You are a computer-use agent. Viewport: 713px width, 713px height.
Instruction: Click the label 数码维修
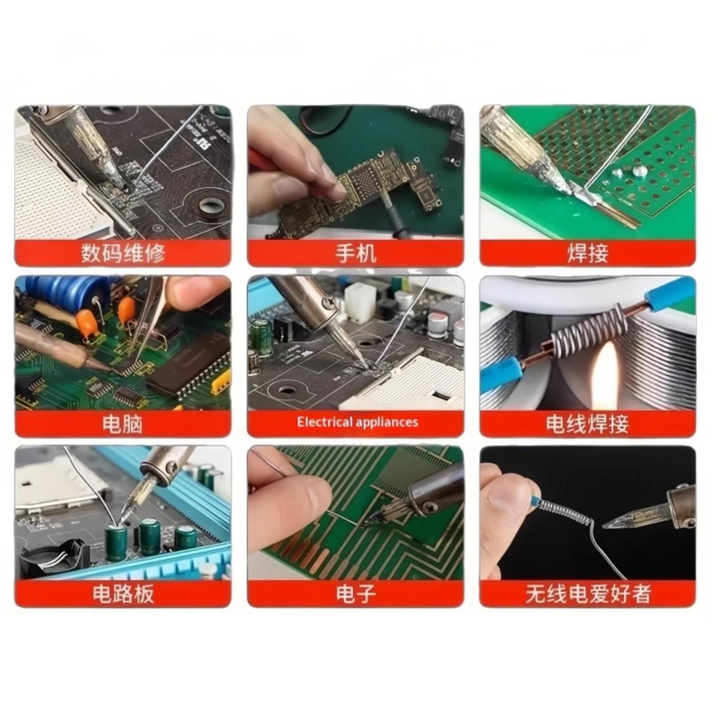tap(123, 253)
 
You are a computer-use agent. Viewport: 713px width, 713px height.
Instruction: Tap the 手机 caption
tap(356, 253)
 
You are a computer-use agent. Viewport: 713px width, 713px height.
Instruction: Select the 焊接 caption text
tap(588, 253)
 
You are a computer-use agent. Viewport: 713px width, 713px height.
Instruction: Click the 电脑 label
tap(123, 423)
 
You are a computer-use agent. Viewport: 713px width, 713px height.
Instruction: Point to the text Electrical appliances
tap(357, 422)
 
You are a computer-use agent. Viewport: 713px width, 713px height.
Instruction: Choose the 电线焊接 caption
tap(587, 423)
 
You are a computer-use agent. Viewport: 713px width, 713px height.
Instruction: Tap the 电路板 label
tap(123, 594)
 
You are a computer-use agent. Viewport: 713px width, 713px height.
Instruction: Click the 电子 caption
tap(356, 594)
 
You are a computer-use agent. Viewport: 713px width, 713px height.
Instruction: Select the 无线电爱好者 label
tap(588, 594)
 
